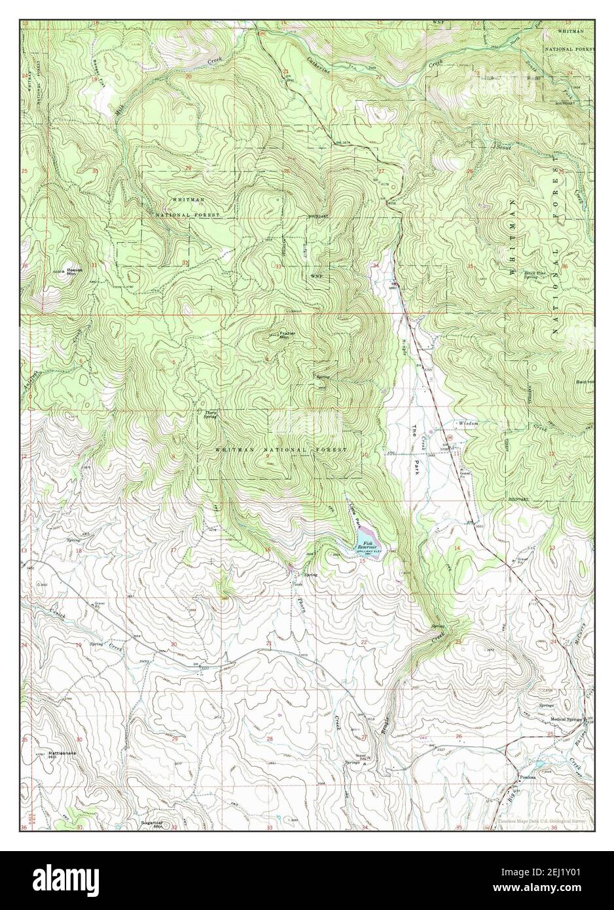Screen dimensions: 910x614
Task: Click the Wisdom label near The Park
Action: [x=468, y=424]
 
